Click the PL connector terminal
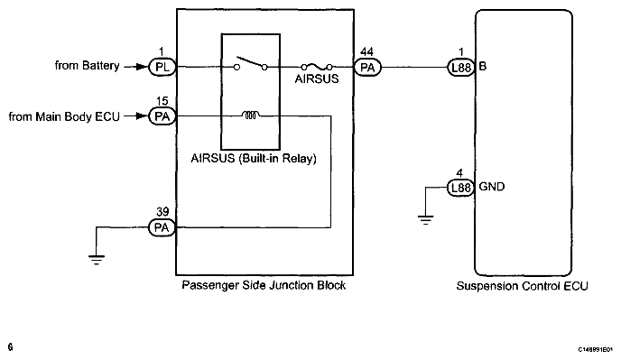(162, 68)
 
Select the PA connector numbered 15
(162, 116)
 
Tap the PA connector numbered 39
(162, 227)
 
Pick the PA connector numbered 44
(367, 68)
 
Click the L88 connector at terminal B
(461, 68)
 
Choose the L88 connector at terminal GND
(461, 188)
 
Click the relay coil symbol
(251, 115)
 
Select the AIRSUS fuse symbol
(317, 67)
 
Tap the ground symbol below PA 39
(97, 260)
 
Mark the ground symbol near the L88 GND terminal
(425, 220)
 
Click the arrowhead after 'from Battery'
(142, 67)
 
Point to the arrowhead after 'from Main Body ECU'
(142, 116)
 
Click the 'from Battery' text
(88, 65)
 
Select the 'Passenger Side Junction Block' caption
(264, 285)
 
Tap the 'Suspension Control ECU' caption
(522, 286)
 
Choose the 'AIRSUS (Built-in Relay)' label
(254, 159)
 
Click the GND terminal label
(492, 187)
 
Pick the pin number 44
(366, 52)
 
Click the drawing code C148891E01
(596, 349)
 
